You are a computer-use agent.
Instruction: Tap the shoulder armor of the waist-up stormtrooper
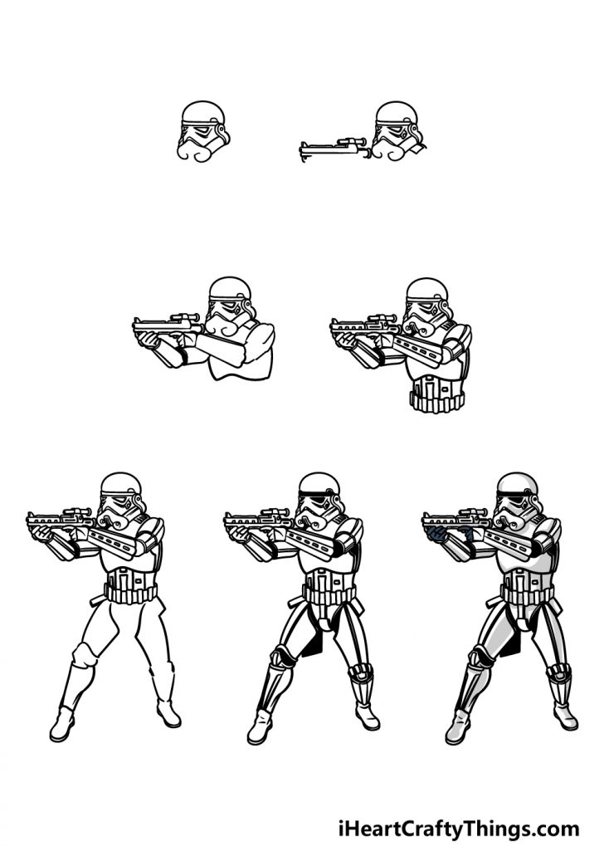click(x=456, y=336)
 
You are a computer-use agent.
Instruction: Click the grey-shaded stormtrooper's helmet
click(x=518, y=501)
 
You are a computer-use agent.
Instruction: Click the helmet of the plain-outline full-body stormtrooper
click(x=122, y=500)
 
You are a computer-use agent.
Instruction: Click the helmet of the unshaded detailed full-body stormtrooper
click(x=320, y=500)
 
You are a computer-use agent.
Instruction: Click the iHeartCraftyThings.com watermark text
click(x=458, y=828)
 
